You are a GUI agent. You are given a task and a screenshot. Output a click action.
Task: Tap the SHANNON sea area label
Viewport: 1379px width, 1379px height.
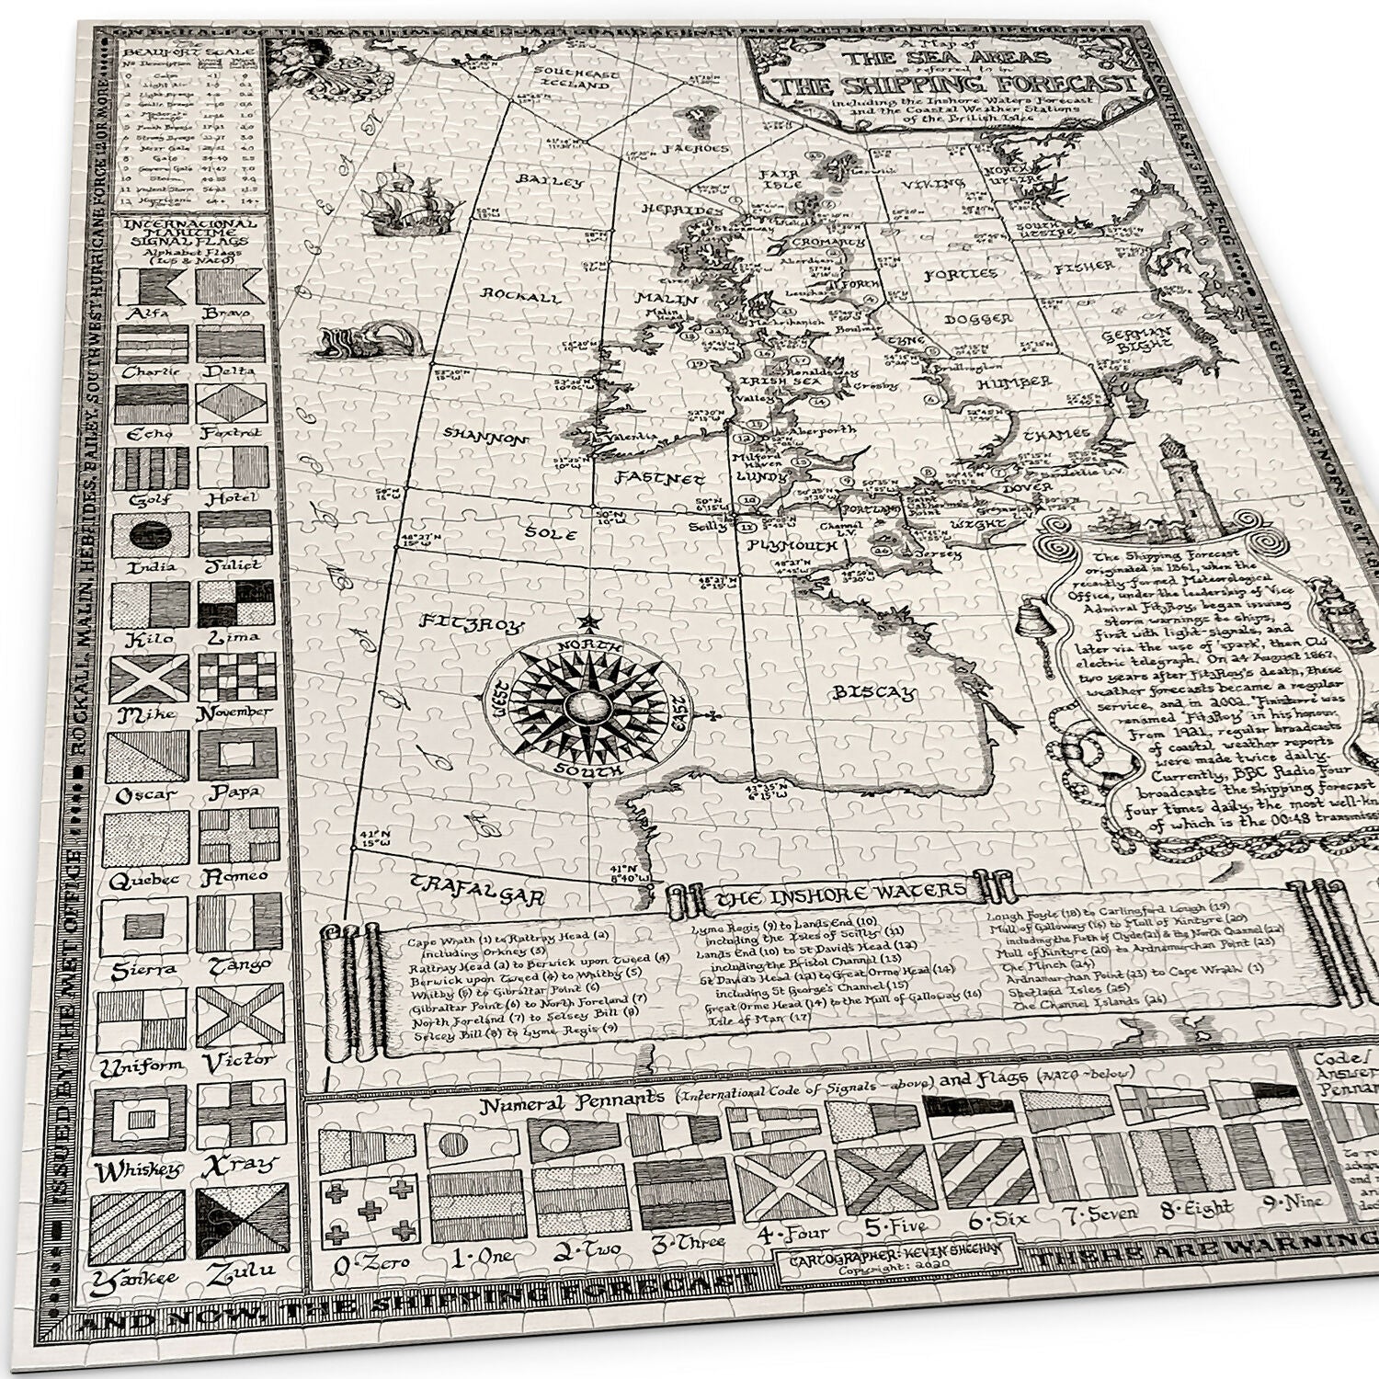tap(486, 436)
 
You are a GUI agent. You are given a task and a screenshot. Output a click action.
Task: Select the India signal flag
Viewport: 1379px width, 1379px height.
tap(150, 535)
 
